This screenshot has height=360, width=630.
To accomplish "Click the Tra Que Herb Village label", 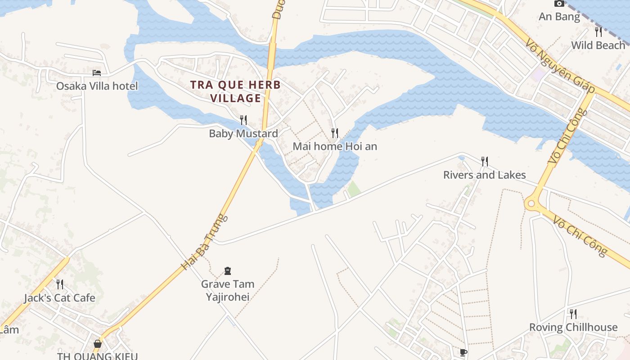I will (x=235, y=91).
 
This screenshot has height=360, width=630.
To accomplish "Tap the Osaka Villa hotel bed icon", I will (x=97, y=72).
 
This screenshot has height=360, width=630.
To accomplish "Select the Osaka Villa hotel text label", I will (x=97, y=86).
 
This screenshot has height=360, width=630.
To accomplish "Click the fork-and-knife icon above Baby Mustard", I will (x=243, y=120).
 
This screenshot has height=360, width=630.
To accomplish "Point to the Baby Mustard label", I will (x=243, y=134).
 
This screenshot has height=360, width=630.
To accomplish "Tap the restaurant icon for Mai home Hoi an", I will (x=335, y=133).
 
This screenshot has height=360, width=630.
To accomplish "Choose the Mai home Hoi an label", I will (x=335, y=146).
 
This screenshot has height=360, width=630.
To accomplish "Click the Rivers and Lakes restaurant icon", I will (x=485, y=161).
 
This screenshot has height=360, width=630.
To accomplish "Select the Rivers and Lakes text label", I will (x=485, y=175).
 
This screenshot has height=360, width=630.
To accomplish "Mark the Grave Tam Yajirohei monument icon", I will (x=228, y=270).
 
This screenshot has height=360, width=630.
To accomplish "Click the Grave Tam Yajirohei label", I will (x=228, y=290).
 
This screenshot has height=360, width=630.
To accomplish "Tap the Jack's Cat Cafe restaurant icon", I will (x=59, y=284).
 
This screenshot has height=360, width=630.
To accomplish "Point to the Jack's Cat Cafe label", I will (x=59, y=298).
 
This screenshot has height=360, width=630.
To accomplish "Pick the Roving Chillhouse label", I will (x=573, y=327).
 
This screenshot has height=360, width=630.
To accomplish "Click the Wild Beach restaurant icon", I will (x=598, y=31).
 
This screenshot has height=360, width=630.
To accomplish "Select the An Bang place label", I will (x=559, y=17).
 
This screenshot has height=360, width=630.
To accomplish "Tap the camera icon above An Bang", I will (x=559, y=4).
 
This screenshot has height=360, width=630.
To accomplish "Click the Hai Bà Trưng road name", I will (x=205, y=243).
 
